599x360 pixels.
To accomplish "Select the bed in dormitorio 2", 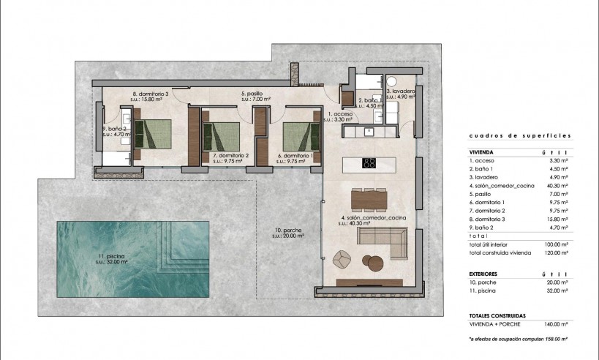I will tap(220, 135).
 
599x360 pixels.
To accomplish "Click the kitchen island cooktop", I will tap(369, 163).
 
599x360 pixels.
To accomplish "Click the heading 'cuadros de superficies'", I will tap(520, 136).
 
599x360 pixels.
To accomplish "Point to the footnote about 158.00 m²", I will tap(519, 340).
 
